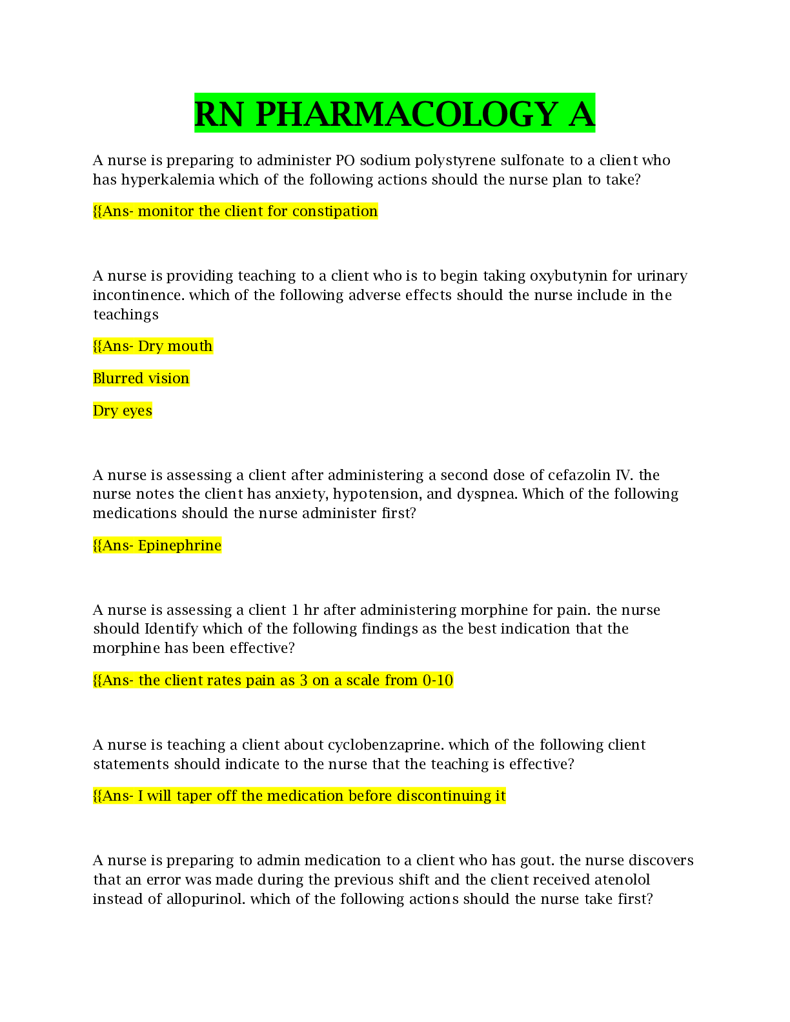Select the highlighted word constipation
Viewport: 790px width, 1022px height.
(334, 212)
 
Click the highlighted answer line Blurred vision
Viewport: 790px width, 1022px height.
(141, 378)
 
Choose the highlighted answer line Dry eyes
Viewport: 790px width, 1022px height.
(123, 410)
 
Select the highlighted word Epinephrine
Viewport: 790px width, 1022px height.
(179, 546)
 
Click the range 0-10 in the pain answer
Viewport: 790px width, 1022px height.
(438, 681)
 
